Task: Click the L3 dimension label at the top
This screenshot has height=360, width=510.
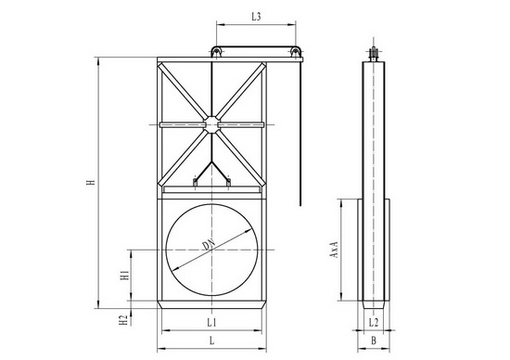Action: point(256,17)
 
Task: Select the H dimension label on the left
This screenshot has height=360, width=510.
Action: point(92,181)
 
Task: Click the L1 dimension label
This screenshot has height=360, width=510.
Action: point(211,323)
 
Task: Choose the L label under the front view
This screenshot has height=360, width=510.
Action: point(211,341)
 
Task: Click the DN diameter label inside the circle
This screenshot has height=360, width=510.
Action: point(209,245)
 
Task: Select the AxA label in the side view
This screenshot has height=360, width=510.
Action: point(335,250)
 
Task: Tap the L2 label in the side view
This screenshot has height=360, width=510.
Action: point(374,323)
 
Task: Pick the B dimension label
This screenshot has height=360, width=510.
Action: point(374,341)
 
